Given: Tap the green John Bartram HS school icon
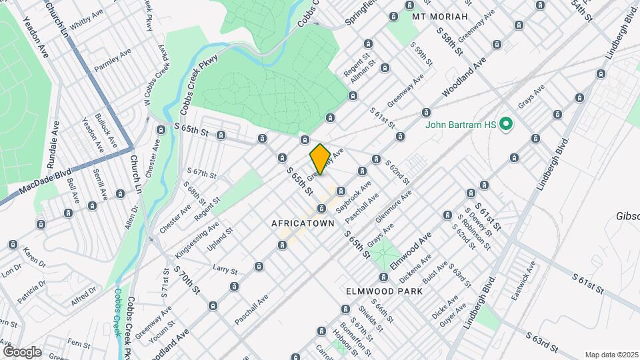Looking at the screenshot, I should tap(505, 124).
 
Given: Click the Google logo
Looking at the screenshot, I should tap(22, 351).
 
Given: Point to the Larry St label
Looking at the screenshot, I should tap(225, 269).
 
